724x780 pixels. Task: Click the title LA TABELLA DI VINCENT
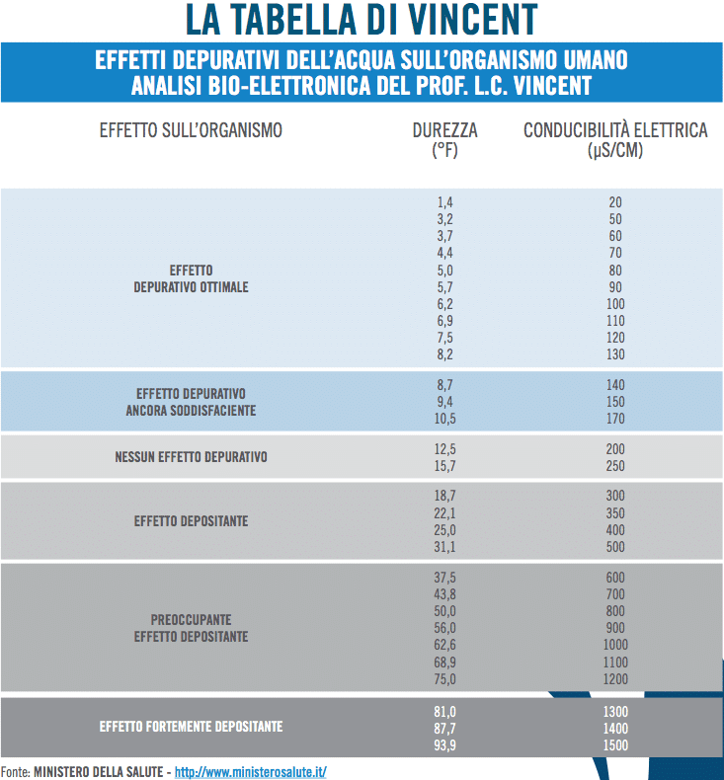362,19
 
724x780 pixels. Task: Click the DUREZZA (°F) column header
444,139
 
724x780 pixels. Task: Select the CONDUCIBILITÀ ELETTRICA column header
615,139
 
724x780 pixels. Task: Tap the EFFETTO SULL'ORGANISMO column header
191,130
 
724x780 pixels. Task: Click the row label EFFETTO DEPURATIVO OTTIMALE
191,278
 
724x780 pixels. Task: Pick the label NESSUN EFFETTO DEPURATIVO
191,457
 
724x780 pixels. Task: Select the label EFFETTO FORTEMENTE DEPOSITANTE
191,727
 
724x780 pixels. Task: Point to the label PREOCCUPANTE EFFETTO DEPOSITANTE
191,628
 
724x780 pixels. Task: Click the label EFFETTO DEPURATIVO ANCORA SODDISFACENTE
191,401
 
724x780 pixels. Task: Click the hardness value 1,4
444,202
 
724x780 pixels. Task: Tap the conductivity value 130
615,354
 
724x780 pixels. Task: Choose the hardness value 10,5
444,419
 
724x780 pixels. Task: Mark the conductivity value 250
615,466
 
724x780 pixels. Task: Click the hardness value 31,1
444,546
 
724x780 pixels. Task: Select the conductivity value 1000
615,645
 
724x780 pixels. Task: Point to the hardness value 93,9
444,744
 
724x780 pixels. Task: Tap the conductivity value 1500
615,744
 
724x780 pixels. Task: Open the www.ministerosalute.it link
250,771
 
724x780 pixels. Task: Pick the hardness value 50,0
444,611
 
